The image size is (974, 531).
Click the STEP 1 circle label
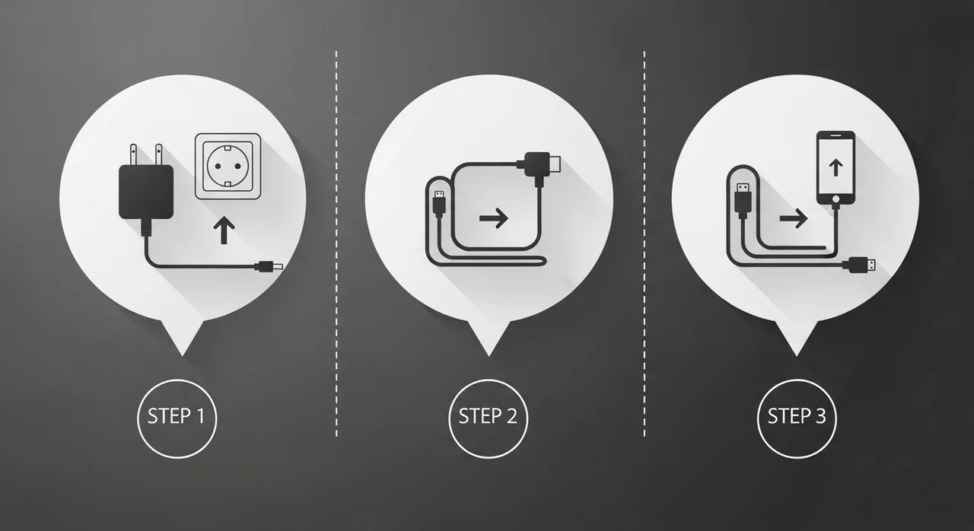tap(177, 418)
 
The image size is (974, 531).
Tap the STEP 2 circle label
tap(488, 418)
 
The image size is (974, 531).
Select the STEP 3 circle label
tap(797, 418)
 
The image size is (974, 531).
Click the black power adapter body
tap(146, 192)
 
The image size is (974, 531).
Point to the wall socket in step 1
tap(228, 166)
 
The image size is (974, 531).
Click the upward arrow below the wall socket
tap(224, 231)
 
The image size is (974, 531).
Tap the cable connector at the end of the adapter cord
tap(269, 266)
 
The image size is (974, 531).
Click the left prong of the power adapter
tap(134, 154)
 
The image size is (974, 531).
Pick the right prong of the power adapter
tap(159, 154)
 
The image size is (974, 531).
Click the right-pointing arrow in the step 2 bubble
tap(494, 218)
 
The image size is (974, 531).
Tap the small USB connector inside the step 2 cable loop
tap(439, 203)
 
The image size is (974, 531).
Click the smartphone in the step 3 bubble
tap(836, 167)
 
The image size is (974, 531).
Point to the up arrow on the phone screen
tap(836, 167)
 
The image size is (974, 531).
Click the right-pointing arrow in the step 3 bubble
tap(794, 218)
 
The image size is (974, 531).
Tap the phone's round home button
tap(836, 199)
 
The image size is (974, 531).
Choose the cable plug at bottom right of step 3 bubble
tap(859, 265)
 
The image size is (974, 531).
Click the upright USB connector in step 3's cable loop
tap(743, 200)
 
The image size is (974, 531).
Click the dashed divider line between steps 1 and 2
tap(336, 243)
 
